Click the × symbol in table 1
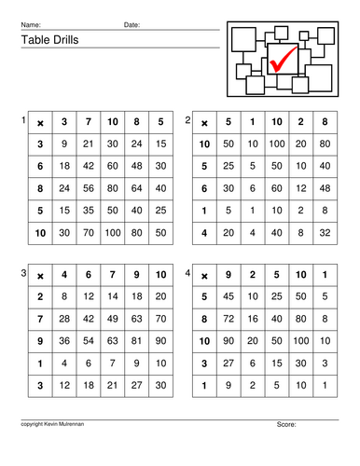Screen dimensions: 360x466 pos(40,122)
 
